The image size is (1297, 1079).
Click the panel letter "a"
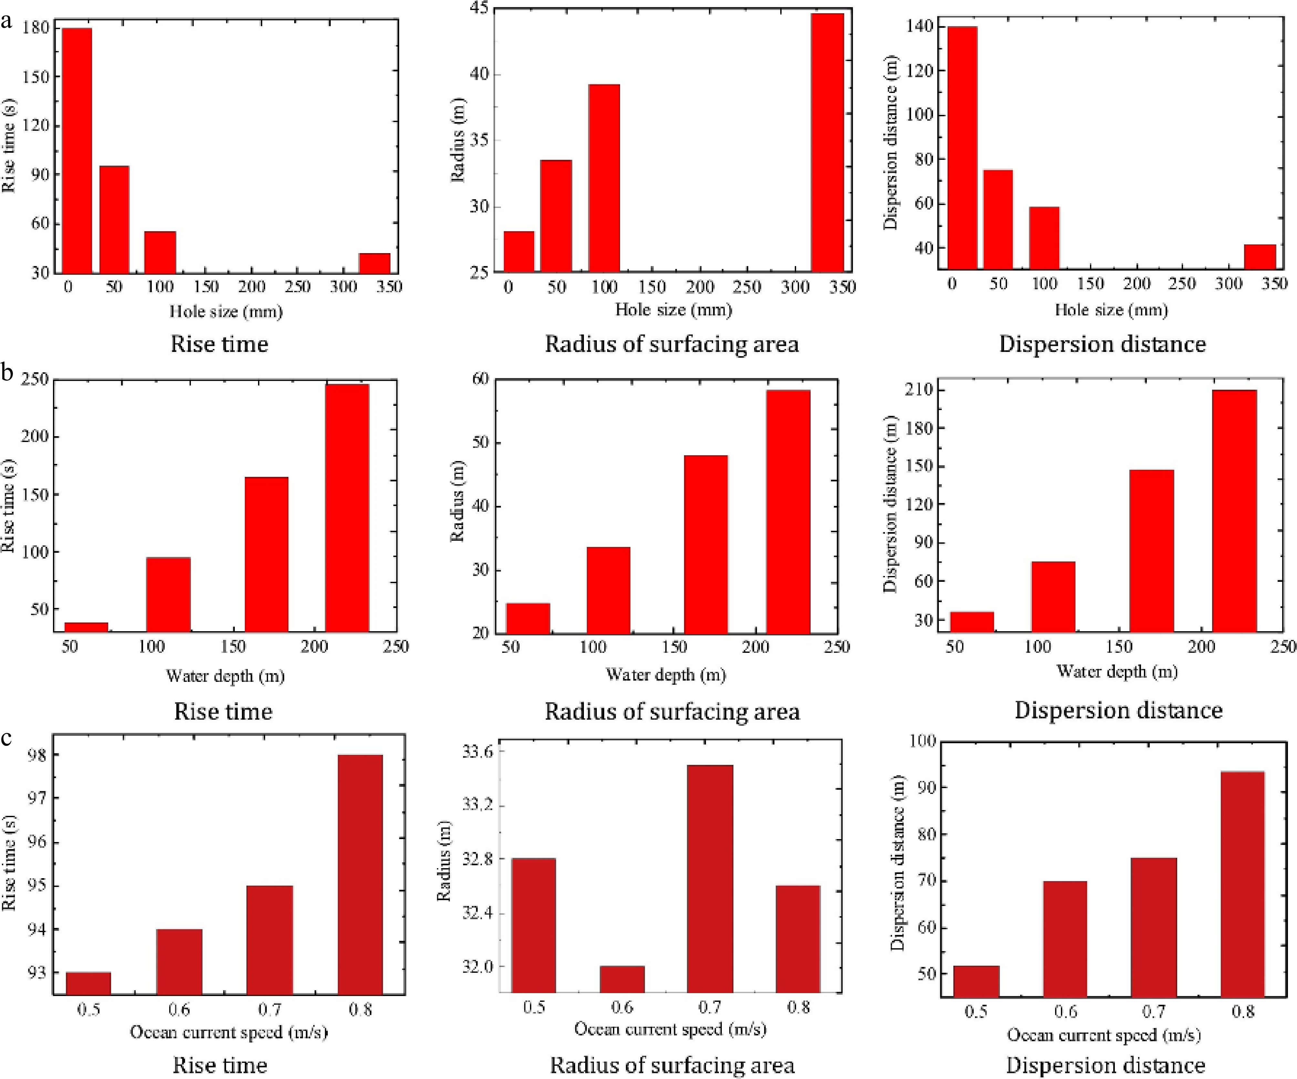6,22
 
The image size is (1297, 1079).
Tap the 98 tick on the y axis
37,755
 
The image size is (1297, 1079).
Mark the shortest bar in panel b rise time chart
87,627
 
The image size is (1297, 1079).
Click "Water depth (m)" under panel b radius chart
665,675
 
